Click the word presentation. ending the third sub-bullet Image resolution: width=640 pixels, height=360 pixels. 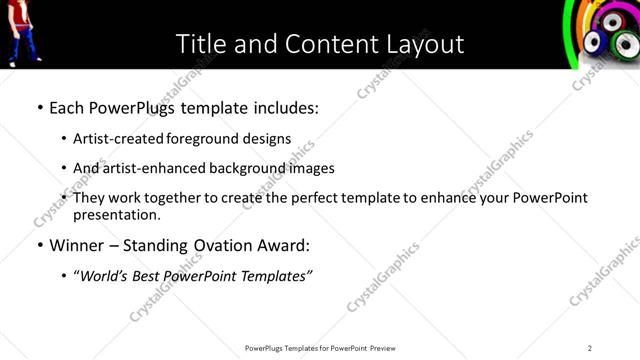click(x=116, y=214)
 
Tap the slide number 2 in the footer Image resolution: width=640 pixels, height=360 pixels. click(x=590, y=348)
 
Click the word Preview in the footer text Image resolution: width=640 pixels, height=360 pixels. click(x=388, y=348)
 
